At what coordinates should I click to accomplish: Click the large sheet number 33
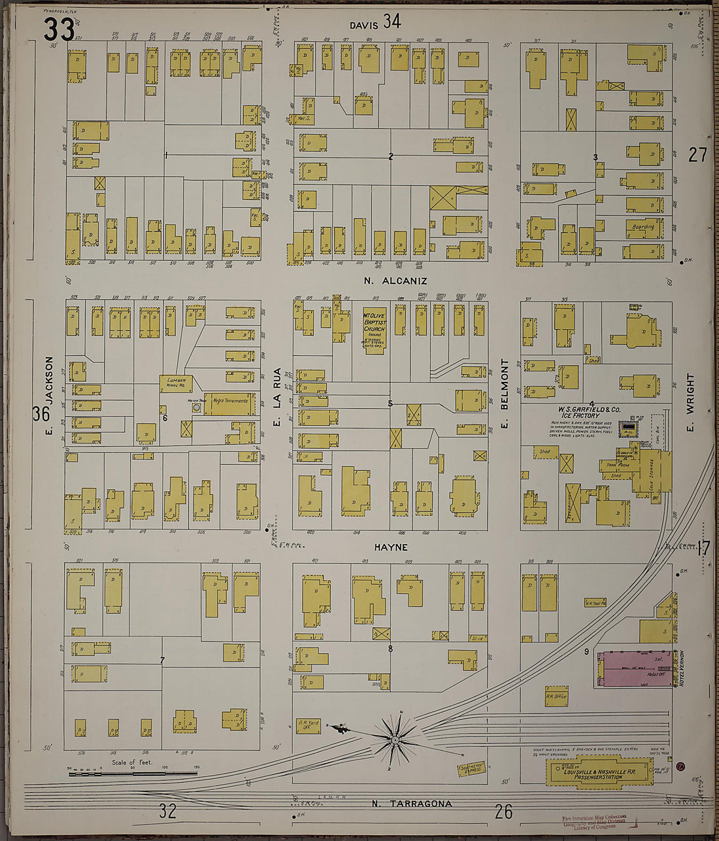coord(58,29)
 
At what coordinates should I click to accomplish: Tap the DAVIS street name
coord(363,25)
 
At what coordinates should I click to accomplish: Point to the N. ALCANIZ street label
coord(395,281)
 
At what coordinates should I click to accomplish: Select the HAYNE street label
coord(392,547)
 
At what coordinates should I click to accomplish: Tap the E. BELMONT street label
coord(504,394)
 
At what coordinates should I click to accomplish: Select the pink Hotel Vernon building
coord(633,668)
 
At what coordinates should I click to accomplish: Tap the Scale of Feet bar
coord(133,774)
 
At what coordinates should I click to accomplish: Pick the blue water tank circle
coord(196,407)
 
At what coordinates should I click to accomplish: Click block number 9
coord(586,651)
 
